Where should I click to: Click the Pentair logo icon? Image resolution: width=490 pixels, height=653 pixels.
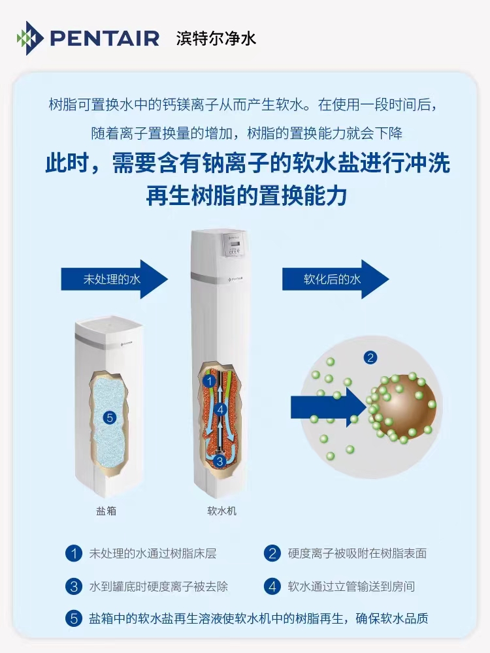coord(29,38)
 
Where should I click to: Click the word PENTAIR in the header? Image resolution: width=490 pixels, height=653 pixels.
coord(105,39)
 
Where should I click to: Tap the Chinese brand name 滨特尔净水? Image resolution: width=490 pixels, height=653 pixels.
coord(216,39)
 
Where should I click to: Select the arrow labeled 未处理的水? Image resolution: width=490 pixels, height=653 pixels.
coord(114,279)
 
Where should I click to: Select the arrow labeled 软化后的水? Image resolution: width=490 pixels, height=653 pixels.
coord(335,279)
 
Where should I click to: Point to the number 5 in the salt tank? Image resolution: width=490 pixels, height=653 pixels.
coord(110,418)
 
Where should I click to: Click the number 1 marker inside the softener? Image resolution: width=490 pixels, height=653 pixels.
coord(210,381)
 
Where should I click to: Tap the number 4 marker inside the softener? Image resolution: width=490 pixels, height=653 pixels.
coord(221,410)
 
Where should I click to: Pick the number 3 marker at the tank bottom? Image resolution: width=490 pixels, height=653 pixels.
coord(220,461)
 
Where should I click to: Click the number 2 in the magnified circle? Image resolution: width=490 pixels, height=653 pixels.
coord(370,357)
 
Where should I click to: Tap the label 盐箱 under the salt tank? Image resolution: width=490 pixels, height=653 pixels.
coord(106,511)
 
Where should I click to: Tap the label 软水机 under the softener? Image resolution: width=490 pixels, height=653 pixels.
coord(221,511)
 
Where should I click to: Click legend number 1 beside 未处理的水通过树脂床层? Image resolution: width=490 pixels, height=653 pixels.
coord(74,554)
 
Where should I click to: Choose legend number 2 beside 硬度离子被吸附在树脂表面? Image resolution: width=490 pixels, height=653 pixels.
coord(272,554)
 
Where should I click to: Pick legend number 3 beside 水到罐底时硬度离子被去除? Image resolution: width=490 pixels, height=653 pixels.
coord(74,586)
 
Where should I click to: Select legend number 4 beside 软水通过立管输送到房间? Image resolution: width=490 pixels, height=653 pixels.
coord(272,586)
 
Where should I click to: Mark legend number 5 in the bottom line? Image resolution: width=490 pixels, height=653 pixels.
coord(74,618)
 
